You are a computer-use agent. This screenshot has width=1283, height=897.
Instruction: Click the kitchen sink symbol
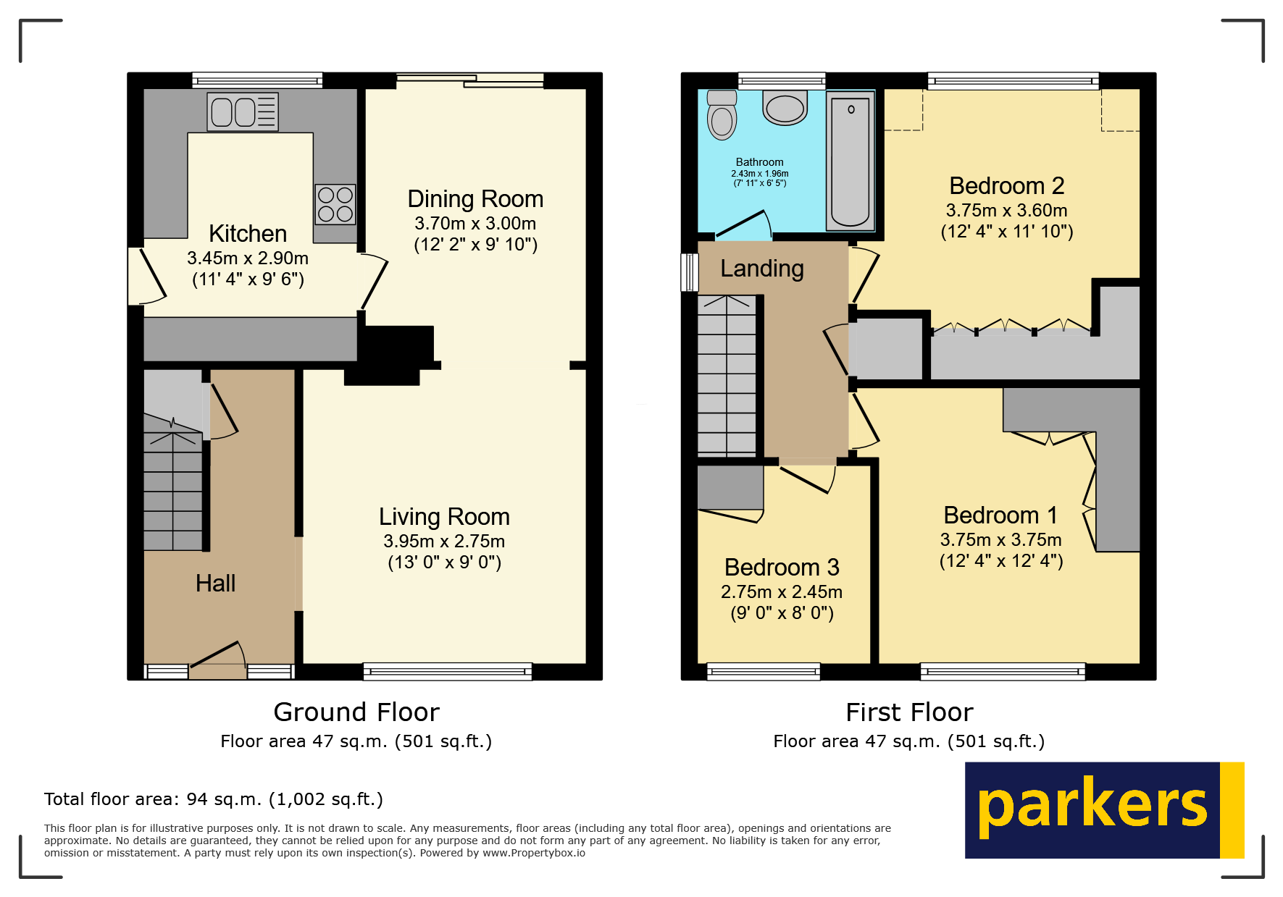pyautogui.click(x=243, y=111)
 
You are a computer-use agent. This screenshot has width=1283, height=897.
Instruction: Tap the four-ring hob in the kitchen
pyautogui.click(x=335, y=204)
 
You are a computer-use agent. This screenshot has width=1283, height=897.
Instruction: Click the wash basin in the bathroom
pyautogui.click(x=785, y=109)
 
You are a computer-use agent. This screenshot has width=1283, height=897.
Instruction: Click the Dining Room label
pyautogui.click(x=475, y=199)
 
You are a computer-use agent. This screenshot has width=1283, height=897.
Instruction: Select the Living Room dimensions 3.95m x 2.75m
pyautogui.click(x=444, y=541)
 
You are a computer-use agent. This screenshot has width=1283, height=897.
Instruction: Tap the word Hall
pyautogui.click(x=215, y=584)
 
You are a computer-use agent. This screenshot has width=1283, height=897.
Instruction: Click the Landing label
pyautogui.click(x=761, y=269)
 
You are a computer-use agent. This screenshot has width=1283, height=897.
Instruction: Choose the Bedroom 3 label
pyautogui.click(x=781, y=567)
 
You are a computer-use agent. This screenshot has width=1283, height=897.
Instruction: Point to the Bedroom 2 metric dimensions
pyautogui.click(x=1006, y=211)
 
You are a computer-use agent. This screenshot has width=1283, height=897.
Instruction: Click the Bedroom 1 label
pyautogui.click(x=1000, y=515)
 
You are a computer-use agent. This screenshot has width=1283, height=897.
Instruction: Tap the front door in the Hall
pyautogui.click(x=217, y=660)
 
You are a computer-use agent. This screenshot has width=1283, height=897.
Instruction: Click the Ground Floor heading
pyautogui.click(x=356, y=712)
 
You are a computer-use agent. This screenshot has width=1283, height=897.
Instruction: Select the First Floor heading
pyautogui.click(x=909, y=712)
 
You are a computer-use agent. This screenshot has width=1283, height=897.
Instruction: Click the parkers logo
pyautogui.click(x=1103, y=810)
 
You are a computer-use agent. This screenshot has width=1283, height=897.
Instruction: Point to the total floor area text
pyautogui.click(x=213, y=799)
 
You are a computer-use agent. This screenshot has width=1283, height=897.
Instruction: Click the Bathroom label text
pyautogui.click(x=759, y=162)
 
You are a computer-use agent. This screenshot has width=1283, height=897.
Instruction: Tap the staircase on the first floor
pyautogui.click(x=726, y=376)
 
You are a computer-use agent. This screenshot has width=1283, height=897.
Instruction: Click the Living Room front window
pyautogui.click(x=447, y=672)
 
